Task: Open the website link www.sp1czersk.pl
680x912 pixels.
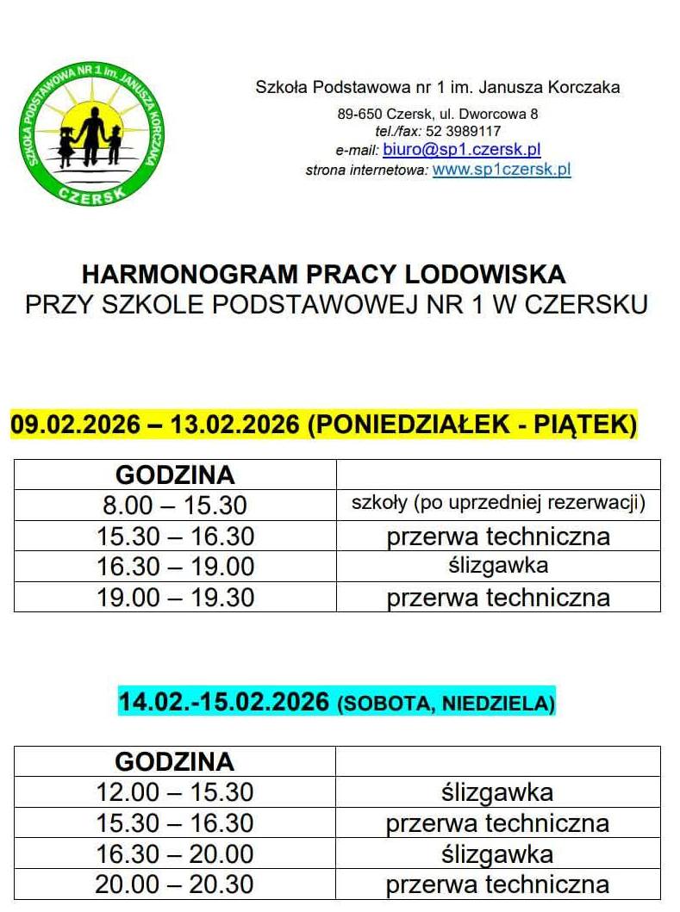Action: (x=502, y=169)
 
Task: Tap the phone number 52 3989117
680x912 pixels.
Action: (x=463, y=131)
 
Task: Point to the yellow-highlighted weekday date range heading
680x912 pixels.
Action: (x=324, y=424)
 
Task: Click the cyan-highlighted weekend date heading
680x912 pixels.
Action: (x=336, y=702)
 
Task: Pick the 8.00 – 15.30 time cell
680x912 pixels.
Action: (x=175, y=505)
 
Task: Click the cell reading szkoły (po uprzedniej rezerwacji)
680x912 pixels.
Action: (x=498, y=503)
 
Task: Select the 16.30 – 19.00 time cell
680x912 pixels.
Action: (x=175, y=566)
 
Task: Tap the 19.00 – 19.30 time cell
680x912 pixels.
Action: (x=175, y=597)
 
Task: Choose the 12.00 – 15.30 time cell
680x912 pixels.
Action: (x=175, y=792)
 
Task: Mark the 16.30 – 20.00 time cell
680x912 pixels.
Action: (x=175, y=853)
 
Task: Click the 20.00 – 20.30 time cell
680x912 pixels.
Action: (x=175, y=884)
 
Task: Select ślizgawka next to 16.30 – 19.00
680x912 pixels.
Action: (x=498, y=565)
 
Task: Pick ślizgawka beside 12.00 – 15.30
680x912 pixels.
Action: (x=497, y=792)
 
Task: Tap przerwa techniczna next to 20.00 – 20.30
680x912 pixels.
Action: (x=497, y=884)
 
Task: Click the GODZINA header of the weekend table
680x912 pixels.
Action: (x=175, y=761)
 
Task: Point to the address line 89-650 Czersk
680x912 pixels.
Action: (x=438, y=113)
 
